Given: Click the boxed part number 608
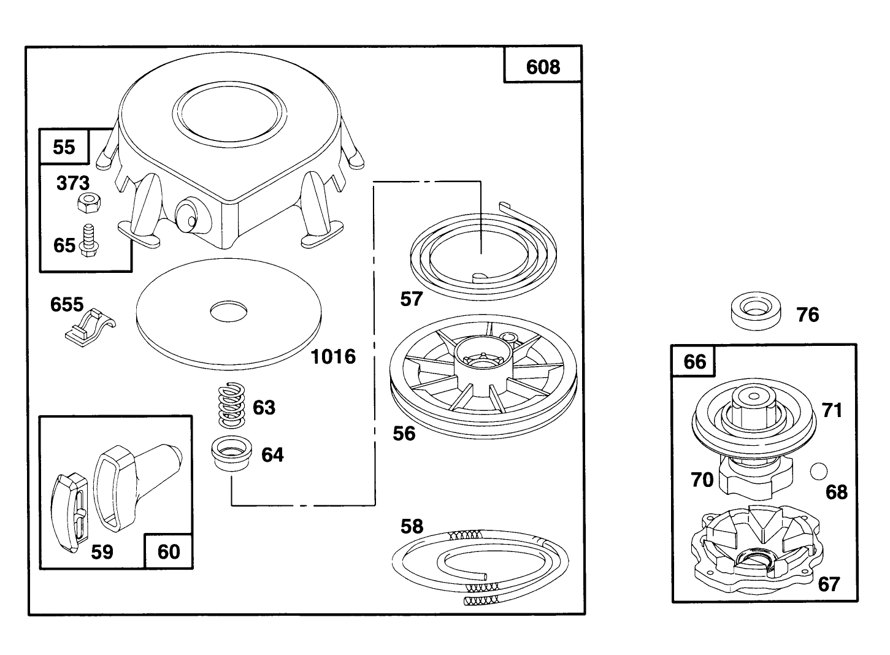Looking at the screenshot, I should point(543,66).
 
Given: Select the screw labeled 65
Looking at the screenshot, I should point(90,237).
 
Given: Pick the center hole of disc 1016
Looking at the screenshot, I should point(229,312).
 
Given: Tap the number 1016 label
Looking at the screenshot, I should point(333,356).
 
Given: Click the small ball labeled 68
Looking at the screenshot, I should point(818,471).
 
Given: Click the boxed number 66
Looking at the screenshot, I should point(694,361).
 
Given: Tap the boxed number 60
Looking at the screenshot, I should point(169,551).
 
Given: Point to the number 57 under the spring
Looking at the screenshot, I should point(412,299).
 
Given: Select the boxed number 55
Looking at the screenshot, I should point(64,147).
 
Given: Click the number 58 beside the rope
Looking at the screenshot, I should point(412,526).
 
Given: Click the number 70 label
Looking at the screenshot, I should point(702,480).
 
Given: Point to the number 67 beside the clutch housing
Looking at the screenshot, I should point(829,584).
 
